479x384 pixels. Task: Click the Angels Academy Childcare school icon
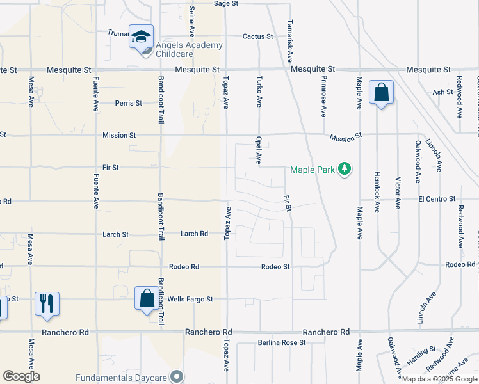[141, 37]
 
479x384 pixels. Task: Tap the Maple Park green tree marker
[345, 169]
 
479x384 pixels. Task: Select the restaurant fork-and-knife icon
[47, 303]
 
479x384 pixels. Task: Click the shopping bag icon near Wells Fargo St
[147, 299]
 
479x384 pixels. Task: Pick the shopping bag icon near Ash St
[381, 93]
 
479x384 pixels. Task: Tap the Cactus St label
[257, 36]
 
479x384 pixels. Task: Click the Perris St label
[128, 102]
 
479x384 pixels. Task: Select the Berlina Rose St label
[282, 343]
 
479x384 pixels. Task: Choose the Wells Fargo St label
[190, 299]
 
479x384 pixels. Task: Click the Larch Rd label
[194, 234]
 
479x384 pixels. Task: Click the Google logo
[21, 376]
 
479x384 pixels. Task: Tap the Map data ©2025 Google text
[439, 379]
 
